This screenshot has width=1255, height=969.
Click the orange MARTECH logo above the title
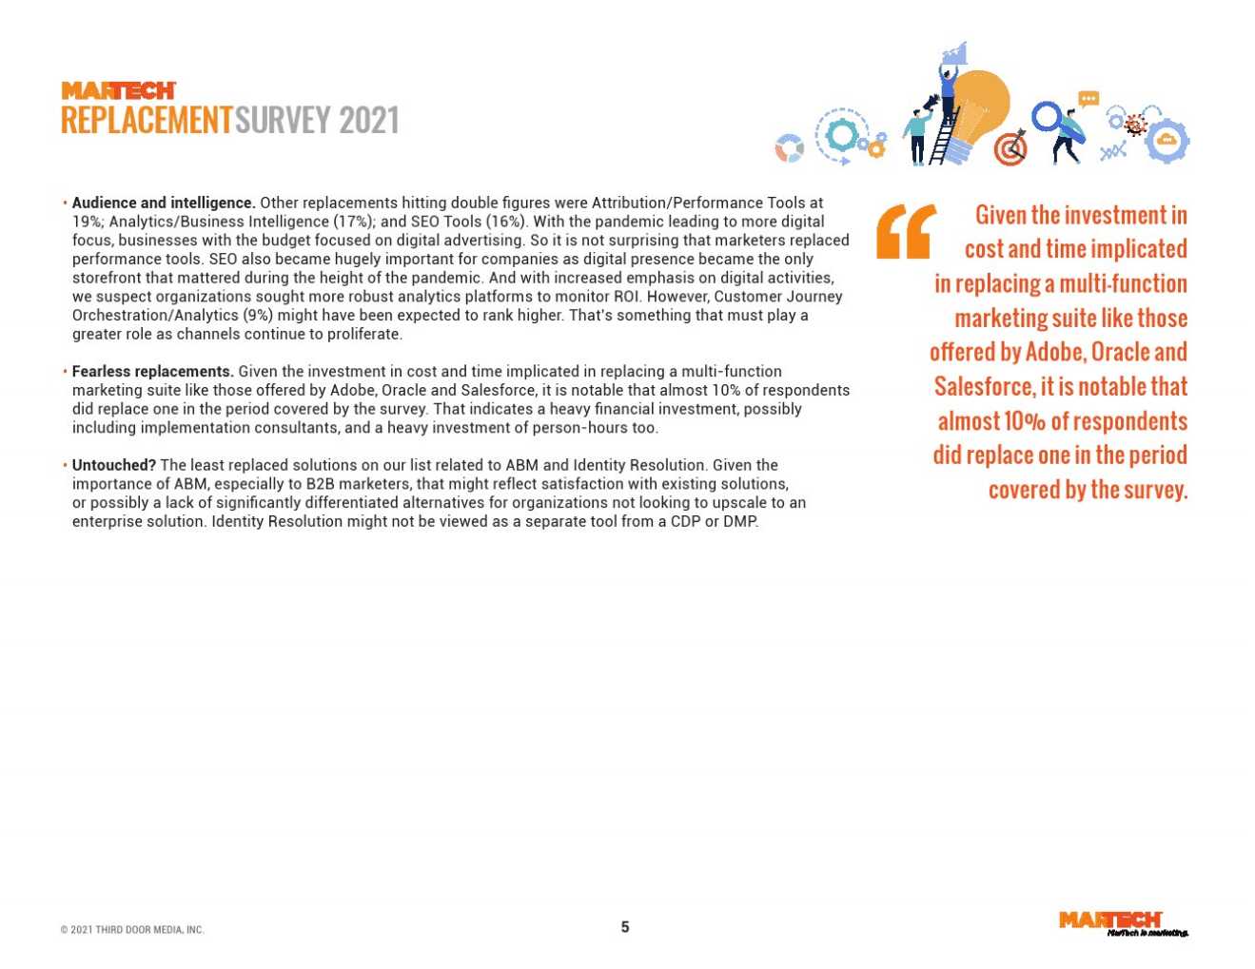tap(119, 90)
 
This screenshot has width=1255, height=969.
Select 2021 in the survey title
tap(368, 122)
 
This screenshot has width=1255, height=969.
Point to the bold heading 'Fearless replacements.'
tap(153, 371)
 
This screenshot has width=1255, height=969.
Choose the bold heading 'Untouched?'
tap(114, 465)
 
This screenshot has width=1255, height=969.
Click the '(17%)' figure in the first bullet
tap(352, 222)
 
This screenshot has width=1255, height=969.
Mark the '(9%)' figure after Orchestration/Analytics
tap(260, 315)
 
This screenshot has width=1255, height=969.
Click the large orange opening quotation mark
tap(905, 232)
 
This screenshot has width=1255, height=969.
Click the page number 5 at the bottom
tap(625, 927)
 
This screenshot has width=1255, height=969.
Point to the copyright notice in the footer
tap(132, 930)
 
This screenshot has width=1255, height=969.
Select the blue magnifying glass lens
tap(1047, 117)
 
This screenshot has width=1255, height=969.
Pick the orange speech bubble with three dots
tap(1088, 99)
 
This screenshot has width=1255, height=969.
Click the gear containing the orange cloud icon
tap(1167, 141)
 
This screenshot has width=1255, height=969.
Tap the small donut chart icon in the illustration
tap(789, 148)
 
